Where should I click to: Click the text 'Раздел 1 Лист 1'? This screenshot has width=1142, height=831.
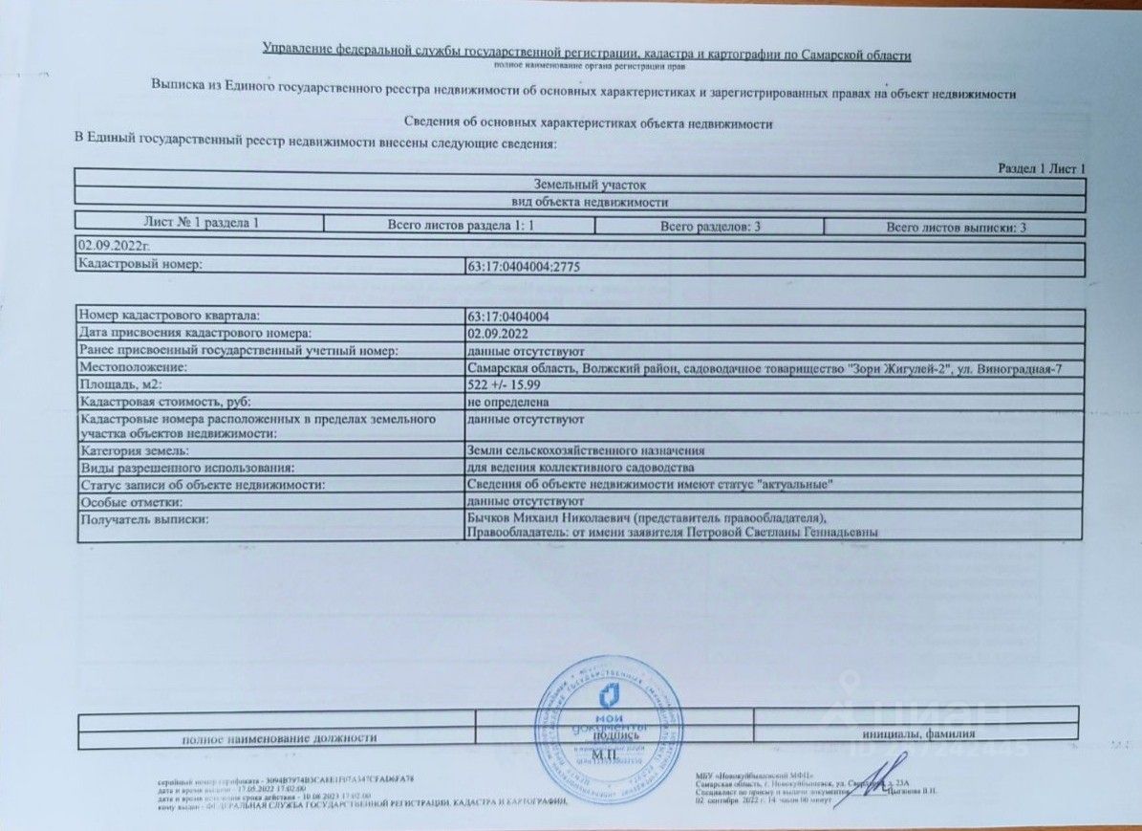click(x=1042, y=169)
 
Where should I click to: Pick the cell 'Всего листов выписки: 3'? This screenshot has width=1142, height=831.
click(x=955, y=228)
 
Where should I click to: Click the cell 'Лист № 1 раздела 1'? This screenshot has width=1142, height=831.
click(x=201, y=224)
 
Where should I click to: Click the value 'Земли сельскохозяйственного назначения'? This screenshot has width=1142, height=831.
click(x=586, y=450)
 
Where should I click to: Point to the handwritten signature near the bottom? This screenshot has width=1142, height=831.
click(x=871, y=779)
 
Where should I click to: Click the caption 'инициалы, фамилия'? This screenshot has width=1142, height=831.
click(x=916, y=734)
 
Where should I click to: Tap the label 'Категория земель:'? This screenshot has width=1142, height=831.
click(x=135, y=450)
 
